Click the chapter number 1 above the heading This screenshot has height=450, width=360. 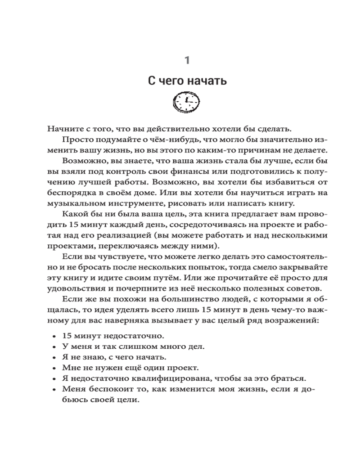point(188,59)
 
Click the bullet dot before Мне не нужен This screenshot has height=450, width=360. point(54,369)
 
